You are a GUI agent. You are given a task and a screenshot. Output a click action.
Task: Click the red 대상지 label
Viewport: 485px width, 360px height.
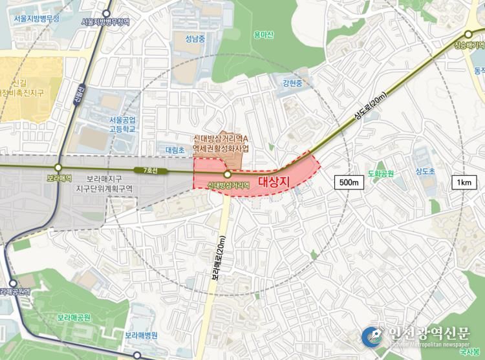click(272, 181)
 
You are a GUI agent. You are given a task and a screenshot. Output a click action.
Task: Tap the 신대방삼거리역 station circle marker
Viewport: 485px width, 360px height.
click(228, 175)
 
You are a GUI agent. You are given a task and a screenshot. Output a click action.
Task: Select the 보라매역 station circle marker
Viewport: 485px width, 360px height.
click(58, 167)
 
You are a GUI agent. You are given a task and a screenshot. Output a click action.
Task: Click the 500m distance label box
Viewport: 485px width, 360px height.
click(349, 182)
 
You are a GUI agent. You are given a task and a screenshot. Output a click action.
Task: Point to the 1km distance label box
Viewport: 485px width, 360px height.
click(463, 182)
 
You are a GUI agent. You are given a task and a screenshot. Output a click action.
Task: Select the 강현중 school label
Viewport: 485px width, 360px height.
click(294, 83)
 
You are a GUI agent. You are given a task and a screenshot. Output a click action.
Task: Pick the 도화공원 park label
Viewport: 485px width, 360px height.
click(380, 173)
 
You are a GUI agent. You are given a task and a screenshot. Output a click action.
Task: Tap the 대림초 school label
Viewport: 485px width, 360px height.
click(175, 149)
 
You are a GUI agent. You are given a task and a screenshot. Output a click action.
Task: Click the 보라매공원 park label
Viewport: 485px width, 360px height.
click(74, 317)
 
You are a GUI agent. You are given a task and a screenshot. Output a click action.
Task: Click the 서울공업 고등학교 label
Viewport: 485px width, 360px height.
click(122, 124)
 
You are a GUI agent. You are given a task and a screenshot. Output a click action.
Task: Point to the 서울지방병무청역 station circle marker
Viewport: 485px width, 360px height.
click(106, 11)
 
